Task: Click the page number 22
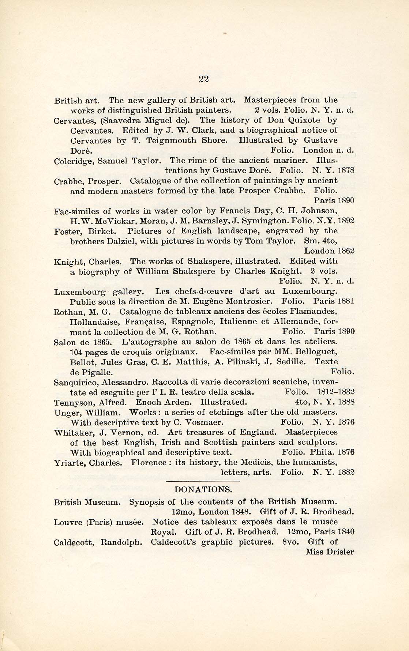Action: point(204,78)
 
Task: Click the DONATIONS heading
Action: point(203,489)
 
